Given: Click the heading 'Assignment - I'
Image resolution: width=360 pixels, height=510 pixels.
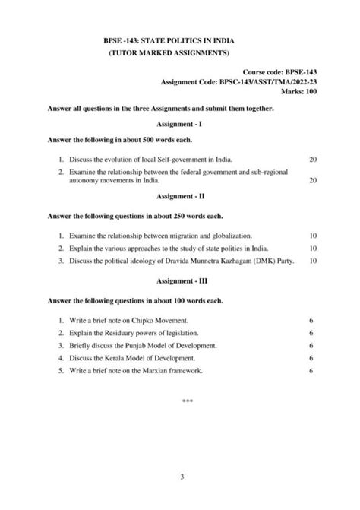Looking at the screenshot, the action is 179,124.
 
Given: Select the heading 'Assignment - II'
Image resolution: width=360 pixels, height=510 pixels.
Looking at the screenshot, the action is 179,196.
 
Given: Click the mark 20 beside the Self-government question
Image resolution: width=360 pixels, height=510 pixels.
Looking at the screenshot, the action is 314,159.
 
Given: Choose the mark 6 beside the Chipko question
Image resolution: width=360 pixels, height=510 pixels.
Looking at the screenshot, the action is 311,321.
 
